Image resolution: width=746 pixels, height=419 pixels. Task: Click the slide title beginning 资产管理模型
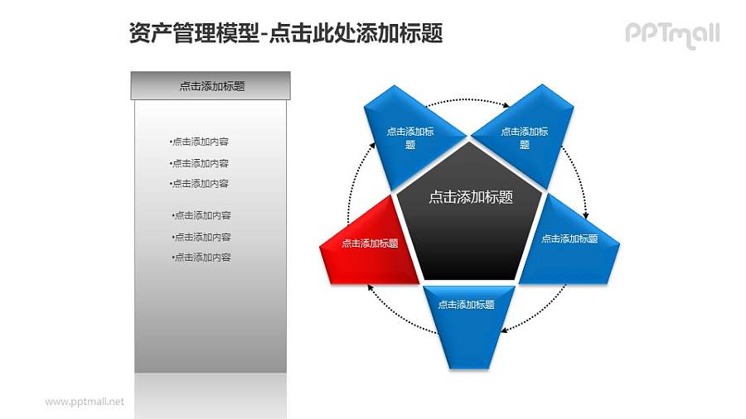click(286, 32)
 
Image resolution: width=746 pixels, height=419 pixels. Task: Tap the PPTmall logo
click(671, 34)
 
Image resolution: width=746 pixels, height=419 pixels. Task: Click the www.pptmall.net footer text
click(84, 402)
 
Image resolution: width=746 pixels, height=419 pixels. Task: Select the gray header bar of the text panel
click(211, 85)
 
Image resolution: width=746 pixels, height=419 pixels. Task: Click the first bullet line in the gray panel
click(199, 142)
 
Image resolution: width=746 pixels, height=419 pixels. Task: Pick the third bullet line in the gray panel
click(199, 184)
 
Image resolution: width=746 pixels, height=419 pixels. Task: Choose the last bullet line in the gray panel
click(201, 258)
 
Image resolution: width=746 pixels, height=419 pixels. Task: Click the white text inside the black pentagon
click(470, 197)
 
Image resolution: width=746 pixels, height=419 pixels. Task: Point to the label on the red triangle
click(370, 243)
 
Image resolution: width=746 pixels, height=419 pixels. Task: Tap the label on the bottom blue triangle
click(467, 305)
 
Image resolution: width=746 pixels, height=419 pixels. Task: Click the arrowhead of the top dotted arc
click(506, 105)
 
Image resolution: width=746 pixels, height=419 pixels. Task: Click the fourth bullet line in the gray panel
click(201, 215)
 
